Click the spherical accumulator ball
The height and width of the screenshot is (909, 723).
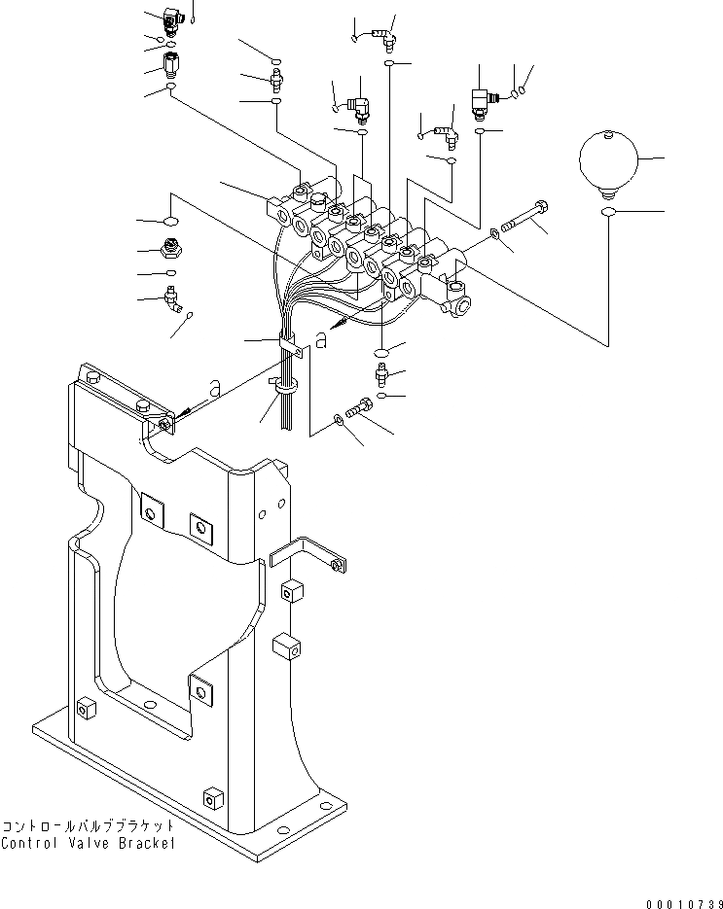[x=608, y=158]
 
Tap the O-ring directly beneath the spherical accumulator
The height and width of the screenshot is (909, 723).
[x=608, y=211]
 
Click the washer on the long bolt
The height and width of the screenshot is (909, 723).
[x=497, y=231]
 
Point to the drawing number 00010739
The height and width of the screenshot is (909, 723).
[x=677, y=901]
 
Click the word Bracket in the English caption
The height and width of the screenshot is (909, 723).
[x=145, y=843]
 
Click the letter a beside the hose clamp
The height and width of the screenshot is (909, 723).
[x=320, y=340]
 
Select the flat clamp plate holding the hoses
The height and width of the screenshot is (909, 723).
[x=289, y=346]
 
